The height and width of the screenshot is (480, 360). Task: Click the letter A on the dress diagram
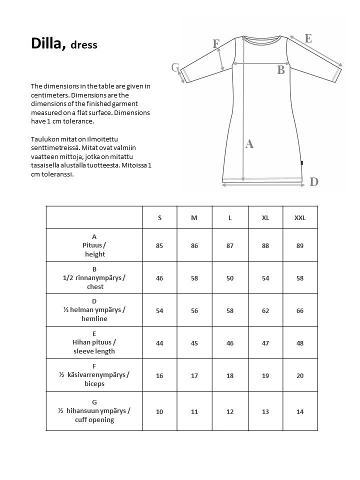pyautogui.click(x=249, y=144)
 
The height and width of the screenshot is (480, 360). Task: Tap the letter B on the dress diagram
pyautogui.click(x=281, y=70)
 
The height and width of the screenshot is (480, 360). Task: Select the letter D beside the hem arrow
pyautogui.click(x=314, y=182)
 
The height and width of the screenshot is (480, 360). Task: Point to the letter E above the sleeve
pyautogui.click(x=308, y=38)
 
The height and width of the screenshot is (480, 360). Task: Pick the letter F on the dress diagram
pyautogui.click(x=216, y=44)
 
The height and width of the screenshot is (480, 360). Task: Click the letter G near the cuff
pyautogui.click(x=175, y=67)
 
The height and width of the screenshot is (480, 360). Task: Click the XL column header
pyautogui.click(x=265, y=218)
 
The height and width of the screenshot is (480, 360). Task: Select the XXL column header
pyautogui.click(x=300, y=218)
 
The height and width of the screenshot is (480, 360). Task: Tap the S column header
pyautogui.click(x=159, y=218)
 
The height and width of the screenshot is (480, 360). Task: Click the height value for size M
pyautogui.click(x=194, y=245)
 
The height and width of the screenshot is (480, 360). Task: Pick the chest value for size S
pyautogui.click(x=159, y=278)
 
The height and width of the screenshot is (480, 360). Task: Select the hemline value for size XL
pyautogui.click(x=265, y=310)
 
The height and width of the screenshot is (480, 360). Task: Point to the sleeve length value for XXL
pyautogui.click(x=300, y=343)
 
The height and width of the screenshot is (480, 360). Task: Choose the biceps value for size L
pyautogui.click(x=230, y=375)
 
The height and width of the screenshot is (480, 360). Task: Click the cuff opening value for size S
pyautogui.click(x=159, y=411)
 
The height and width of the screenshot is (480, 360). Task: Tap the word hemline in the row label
pyautogui.click(x=94, y=319)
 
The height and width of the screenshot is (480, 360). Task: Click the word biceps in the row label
pyautogui.click(x=94, y=384)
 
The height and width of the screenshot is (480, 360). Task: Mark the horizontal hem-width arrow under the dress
pyautogui.click(x=263, y=185)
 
